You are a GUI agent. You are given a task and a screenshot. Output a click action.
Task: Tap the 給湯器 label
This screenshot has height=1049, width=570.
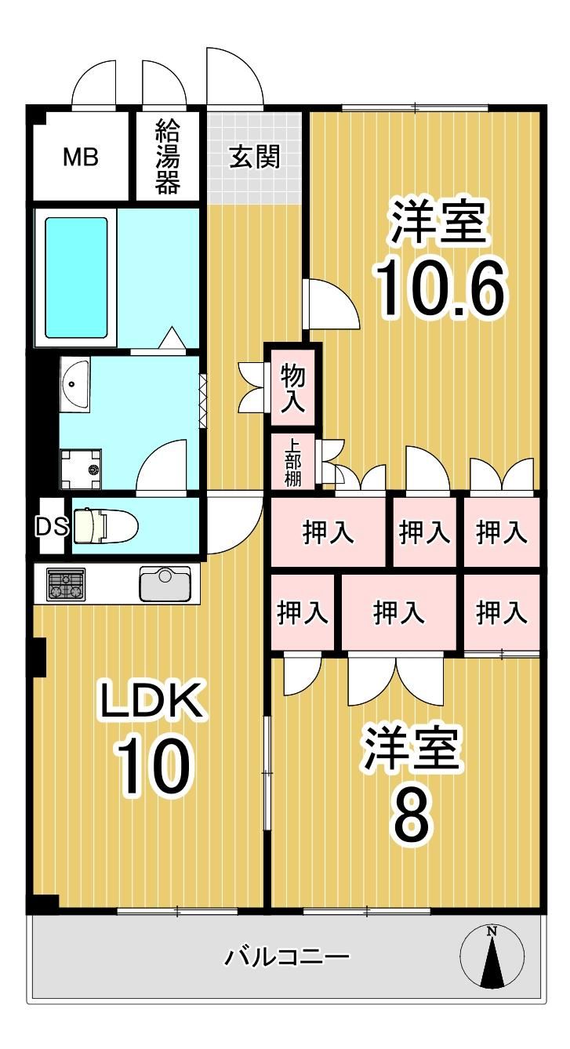(x=168, y=157)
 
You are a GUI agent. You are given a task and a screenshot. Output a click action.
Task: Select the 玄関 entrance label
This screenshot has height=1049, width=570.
(x=255, y=157)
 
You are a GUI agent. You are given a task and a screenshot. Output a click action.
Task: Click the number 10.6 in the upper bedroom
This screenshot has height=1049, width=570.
(x=441, y=290)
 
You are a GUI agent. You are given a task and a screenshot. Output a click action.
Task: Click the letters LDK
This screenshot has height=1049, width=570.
(x=152, y=700)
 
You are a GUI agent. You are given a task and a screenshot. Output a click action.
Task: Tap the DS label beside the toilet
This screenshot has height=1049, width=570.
(x=53, y=527)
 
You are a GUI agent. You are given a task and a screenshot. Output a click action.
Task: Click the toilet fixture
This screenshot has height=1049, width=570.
(x=105, y=525)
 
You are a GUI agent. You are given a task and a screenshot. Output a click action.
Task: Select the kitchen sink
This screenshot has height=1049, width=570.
(x=165, y=583)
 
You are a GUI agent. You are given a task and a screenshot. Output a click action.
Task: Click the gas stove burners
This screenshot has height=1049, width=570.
(x=66, y=584)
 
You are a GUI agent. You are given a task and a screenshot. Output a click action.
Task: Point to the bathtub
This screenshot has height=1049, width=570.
(x=76, y=278)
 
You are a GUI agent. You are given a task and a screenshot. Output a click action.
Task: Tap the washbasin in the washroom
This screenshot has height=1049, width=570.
(x=74, y=384)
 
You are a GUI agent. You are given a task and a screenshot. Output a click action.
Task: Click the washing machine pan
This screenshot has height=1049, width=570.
(x=81, y=468)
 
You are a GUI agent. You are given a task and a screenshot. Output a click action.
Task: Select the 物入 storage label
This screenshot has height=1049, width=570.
(x=293, y=388)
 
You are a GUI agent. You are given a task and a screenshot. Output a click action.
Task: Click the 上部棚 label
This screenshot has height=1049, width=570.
(x=293, y=463)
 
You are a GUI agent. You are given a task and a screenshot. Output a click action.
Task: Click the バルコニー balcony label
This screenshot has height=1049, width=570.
(x=287, y=956)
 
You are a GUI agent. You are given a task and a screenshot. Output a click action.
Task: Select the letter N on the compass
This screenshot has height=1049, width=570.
(x=492, y=932)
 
